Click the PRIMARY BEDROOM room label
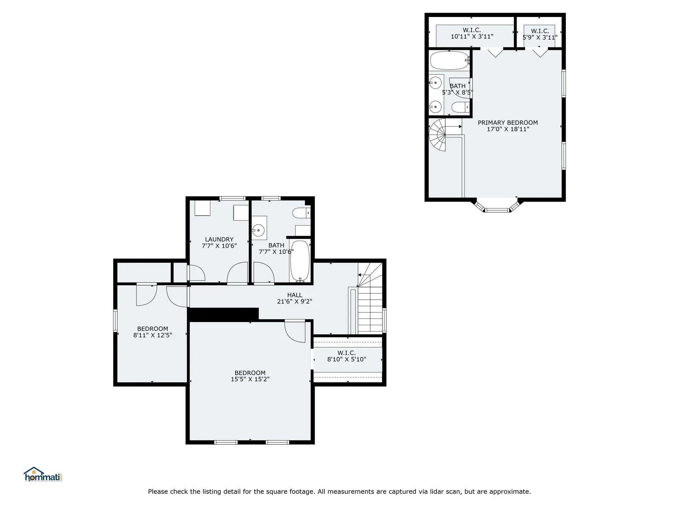point(507,123)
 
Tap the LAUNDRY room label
point(219,239)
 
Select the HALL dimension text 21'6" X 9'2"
point(295,302)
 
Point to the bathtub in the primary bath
point(449,60)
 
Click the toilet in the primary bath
point(460,107)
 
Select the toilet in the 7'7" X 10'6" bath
point(301,213)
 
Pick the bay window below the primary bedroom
point(497,207)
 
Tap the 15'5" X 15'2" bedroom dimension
point(250,379)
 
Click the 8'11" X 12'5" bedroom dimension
point(153,335)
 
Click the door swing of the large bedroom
point(295,332)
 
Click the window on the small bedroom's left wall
point(115,321)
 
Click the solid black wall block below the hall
point(224,314)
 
